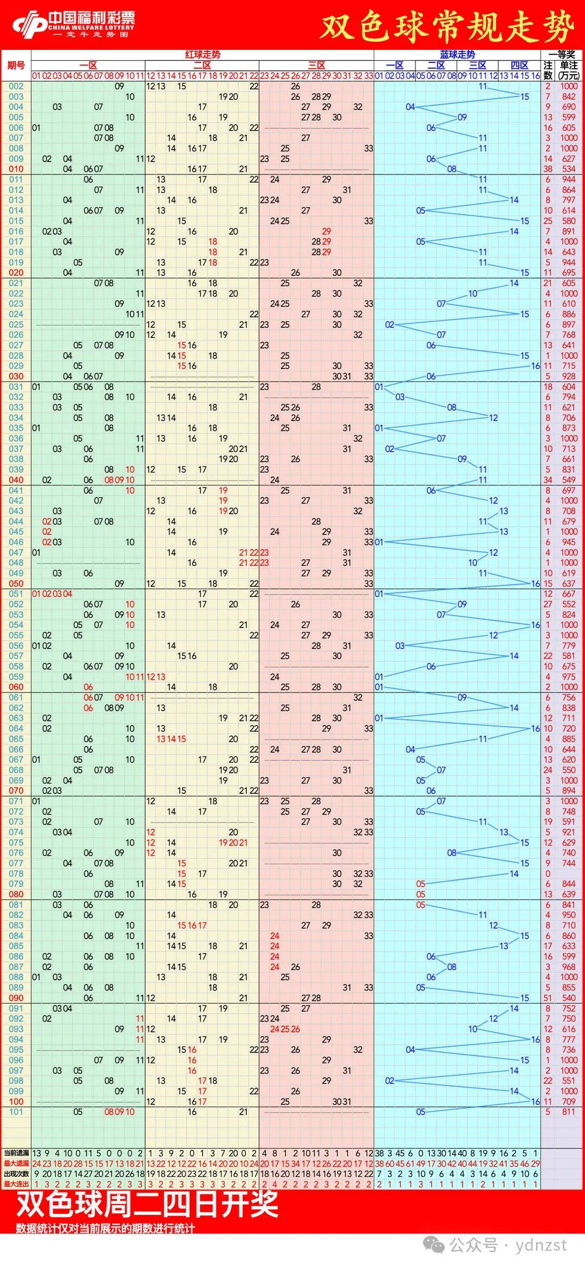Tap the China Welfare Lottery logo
pyautogui.click(x=73, y=24)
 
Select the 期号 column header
pyautogui.click(x=16, y=66)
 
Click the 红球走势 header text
pyautogui.click(x=203, y=55)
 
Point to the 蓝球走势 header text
pyautogui.click(x=457, y=55)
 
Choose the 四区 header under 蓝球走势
pyautogui.click(x=519, y=66)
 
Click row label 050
pyautogui.click(x=16, y=584)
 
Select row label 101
pyautogui.click(x=16, y=1111)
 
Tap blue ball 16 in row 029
pyautogui.click(x=535, y=366)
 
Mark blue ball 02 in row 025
pyautogui.click(x=389, y=325)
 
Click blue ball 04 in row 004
pyautogui.click(x=410, y=107)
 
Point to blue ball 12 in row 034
pyautogui.click(x=493, y=418)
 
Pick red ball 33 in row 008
pyautogui.click(x=368, y=148)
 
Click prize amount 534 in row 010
pyautogui.click(x=569, y=169)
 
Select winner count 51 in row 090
pyautogui.click(x=548, y=998)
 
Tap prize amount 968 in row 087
pyautogui.click(x=569, y=967)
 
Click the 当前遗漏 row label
pyautogui.click(x=16, y=1153)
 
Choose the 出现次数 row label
pyautogui.click(x=16, y=1174)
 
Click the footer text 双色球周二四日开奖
pyautogui.click(x=147, y=1204)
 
